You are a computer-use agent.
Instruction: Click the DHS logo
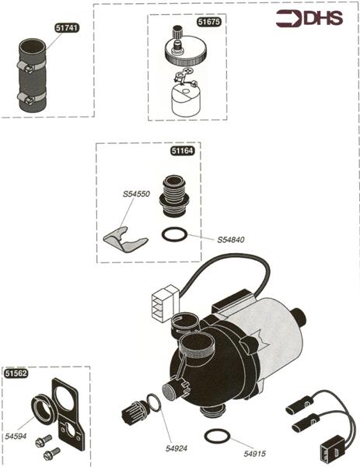coord(309,19)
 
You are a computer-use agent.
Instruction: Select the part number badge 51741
coord(67,28)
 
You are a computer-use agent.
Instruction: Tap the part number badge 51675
coord(209,22)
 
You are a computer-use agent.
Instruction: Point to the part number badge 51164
coord(183,151)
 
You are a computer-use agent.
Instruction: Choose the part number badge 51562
coord(16,374)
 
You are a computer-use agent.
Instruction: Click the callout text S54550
coord(136,194)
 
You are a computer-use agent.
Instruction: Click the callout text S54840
coord(231,240)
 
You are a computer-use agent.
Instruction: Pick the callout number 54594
coord(16,437)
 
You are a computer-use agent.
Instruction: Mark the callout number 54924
coord(177,448)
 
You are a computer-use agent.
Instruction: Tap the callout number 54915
coord(255,454)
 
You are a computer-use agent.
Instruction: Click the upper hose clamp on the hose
coord(30,66)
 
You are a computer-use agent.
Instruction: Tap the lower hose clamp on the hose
coord(30,98)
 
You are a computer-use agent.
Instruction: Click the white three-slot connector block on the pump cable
coord(165,303)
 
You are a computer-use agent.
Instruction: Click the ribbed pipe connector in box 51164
coord(174,195)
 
